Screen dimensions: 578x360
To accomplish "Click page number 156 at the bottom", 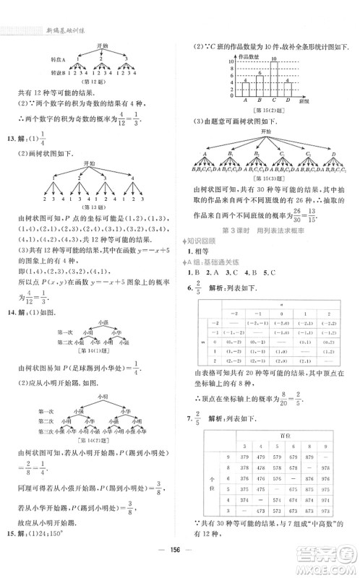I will [179, 566].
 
